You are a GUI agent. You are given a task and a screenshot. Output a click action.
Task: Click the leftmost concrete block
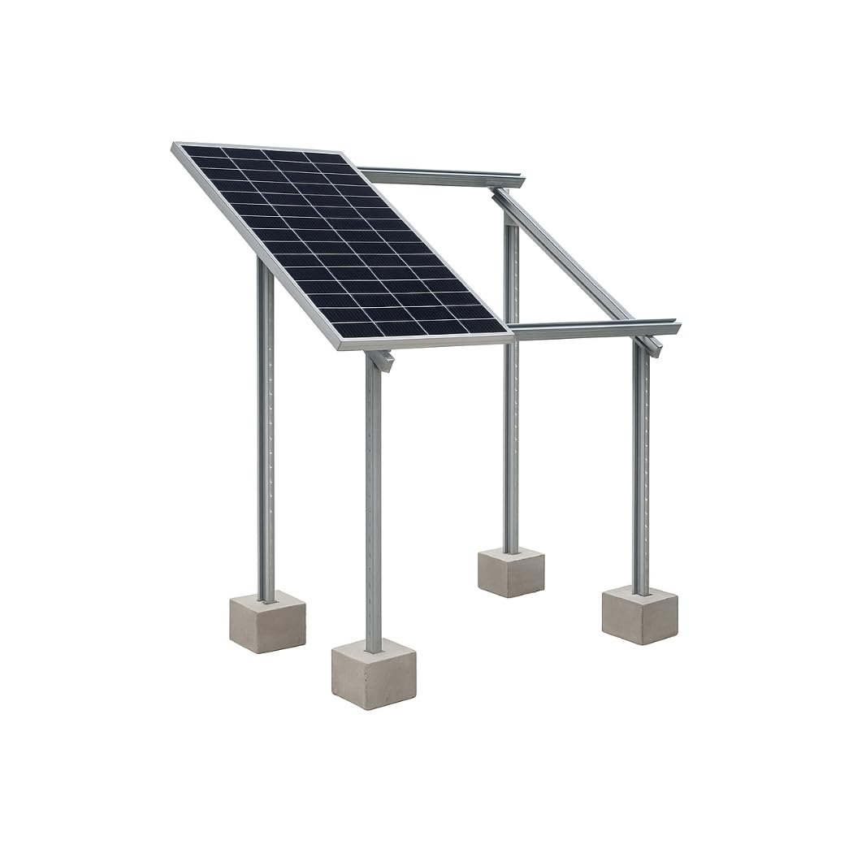pyautogui.click(x=267, y=622)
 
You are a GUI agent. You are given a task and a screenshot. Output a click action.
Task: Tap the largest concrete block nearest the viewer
pyautogui.click(x=374, y=673)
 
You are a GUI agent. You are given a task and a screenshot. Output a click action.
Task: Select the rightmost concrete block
pyautogui.click(x=639, y=615)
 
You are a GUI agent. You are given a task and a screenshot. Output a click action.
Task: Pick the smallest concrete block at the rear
pyautogui.click(x=510, y=573)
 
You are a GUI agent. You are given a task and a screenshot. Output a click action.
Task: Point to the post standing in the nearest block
pyautogui.click(x=373, y=504)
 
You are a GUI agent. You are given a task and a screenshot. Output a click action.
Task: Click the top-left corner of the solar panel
pyautogui.click(x=176, y=146)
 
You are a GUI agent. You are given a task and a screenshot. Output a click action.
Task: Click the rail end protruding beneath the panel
pyautogui.click(x=381, y=358)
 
